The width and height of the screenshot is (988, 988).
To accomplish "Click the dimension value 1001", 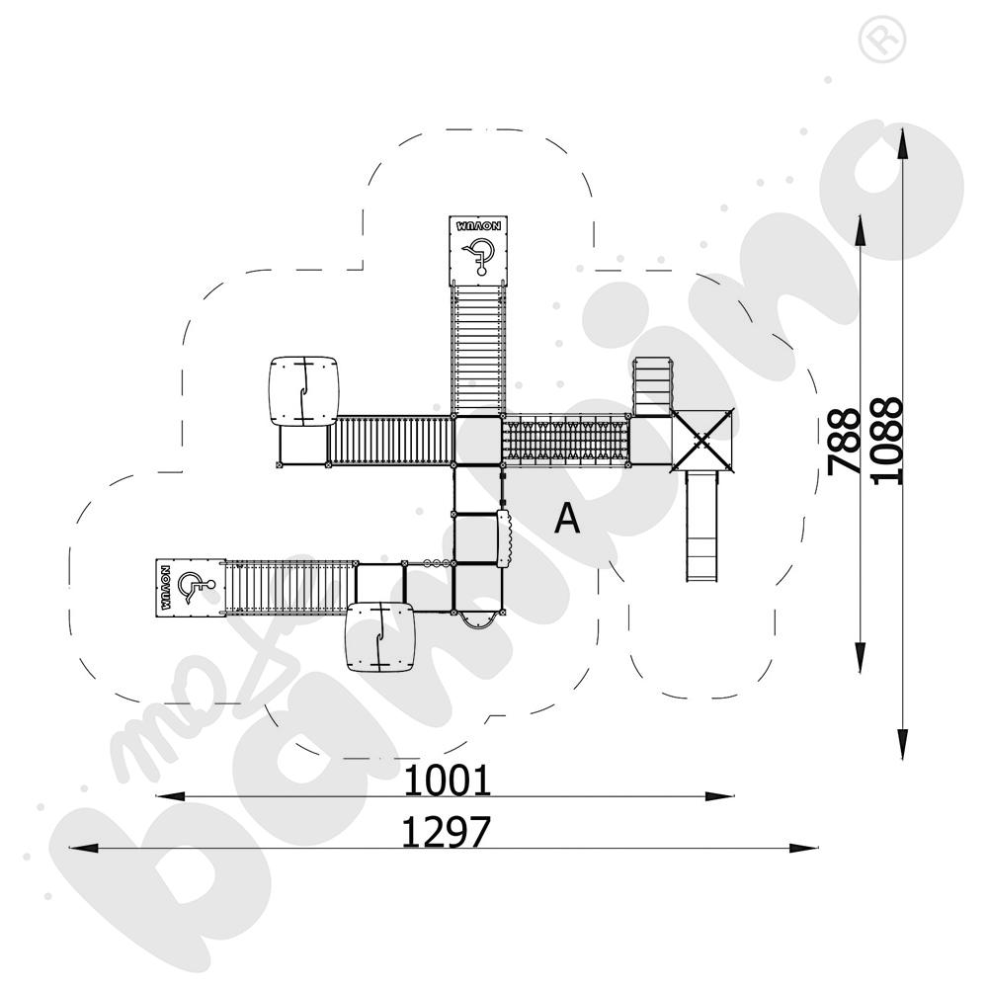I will point(448,781).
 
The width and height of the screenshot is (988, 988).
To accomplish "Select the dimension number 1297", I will point(446,833).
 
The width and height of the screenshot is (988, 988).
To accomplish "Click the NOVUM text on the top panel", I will point(479,225).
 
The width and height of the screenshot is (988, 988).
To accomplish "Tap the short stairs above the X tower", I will point(652,386).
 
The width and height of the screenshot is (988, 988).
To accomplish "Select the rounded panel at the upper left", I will point(303,391).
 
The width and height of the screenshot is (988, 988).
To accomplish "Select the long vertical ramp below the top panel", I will point(478,348).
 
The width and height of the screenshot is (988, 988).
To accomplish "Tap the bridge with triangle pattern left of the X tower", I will point(566,440).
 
